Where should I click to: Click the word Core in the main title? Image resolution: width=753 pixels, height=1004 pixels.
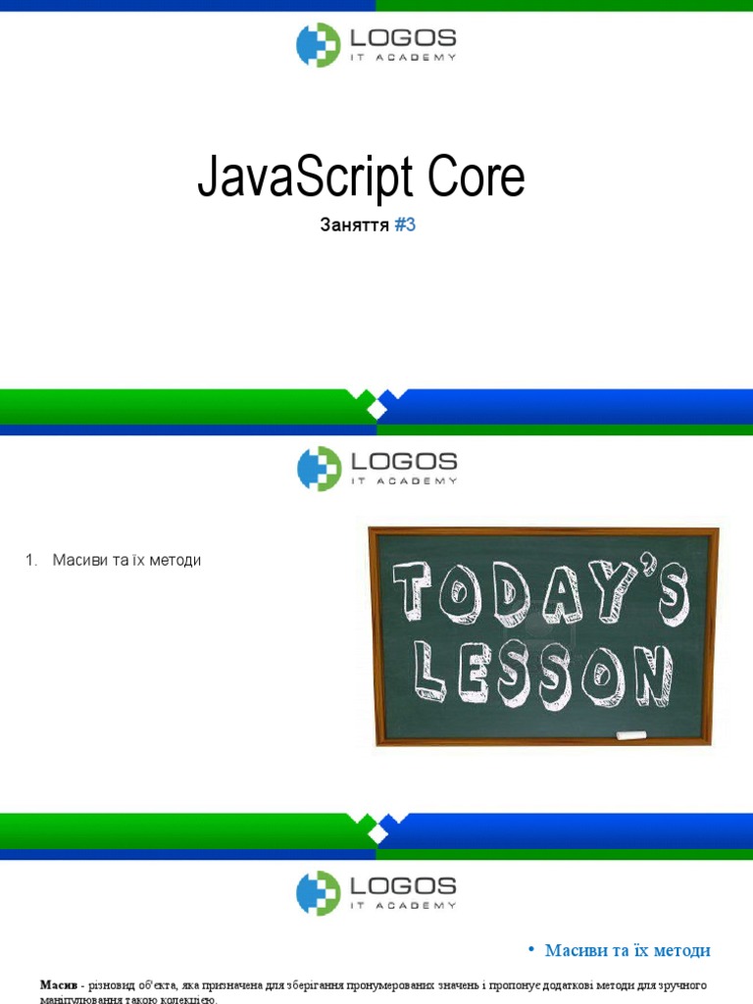pos(475,178)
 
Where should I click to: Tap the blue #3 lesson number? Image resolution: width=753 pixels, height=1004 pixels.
pos(406,226)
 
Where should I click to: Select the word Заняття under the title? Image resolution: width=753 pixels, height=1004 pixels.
pos(355,226)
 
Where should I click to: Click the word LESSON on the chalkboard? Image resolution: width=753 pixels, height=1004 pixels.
pos(543,674)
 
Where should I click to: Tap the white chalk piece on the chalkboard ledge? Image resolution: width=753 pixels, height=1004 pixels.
pos(630,733)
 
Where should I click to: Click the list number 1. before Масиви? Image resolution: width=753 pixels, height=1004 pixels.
pos(31,560)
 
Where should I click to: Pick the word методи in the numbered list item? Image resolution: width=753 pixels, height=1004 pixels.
pos(172,560)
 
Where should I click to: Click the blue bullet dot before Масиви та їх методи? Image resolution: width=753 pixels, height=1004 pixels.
pos(530,949)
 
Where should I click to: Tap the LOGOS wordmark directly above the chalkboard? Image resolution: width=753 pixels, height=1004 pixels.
pos(403,460)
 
